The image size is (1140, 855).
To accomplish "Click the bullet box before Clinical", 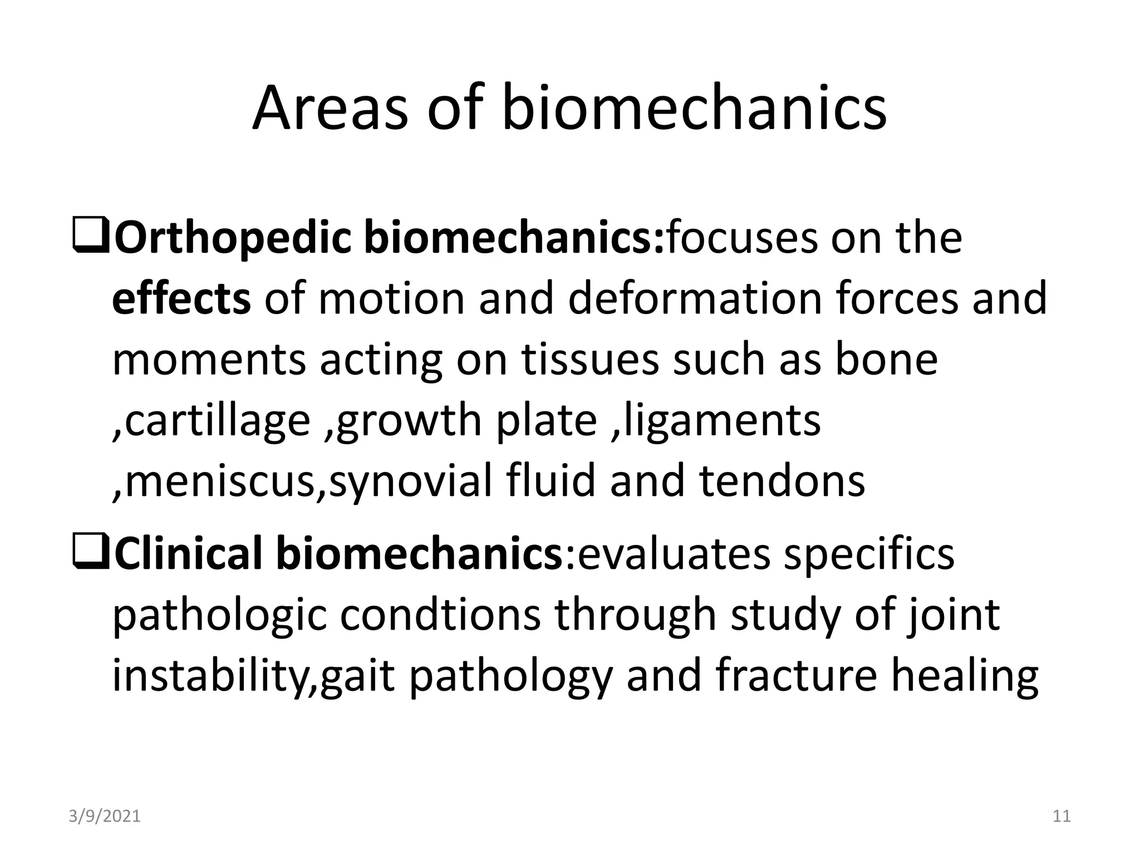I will click(91, 555).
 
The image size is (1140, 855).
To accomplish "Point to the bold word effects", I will click(181, 299).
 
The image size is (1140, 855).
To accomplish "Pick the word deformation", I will click(695, 299).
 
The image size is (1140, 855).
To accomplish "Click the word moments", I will click(209, 360).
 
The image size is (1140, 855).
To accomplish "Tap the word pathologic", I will click(219, 616).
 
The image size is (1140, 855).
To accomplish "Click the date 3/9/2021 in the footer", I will click(105, 817).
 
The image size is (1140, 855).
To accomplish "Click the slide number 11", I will click(1062, 817).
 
